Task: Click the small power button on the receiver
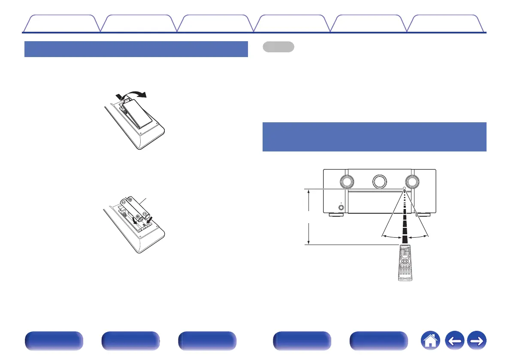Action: [x=341, y=208]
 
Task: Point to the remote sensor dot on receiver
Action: [x=404, y=188]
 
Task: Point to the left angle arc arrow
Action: [x=392, y=236]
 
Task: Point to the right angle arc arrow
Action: [x=419, y=236]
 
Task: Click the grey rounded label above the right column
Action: [x=278, y=46]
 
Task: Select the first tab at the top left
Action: [x=61, y=24]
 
